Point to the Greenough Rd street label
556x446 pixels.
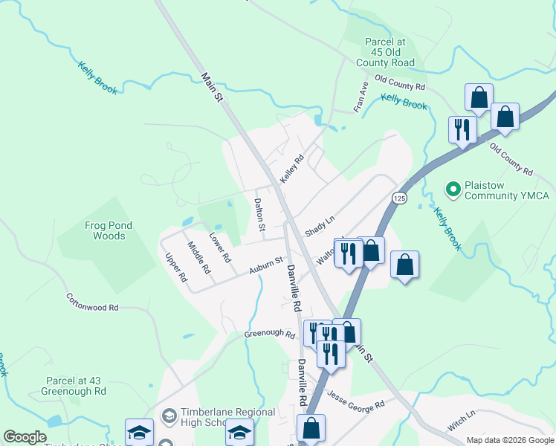coord(269,334)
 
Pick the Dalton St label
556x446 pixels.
coord(259,215)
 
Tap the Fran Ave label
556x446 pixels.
coord(361,97)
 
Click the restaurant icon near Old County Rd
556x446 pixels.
coord(462,129)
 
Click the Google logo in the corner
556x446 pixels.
coord(25,437)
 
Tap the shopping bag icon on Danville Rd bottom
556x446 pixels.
coord(311,428)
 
